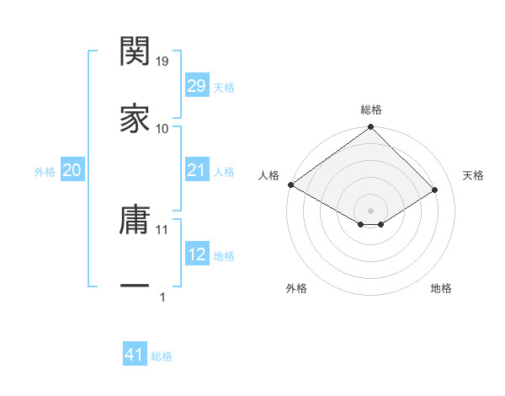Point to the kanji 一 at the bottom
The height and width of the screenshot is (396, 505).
pyautogui.click(x=135, y=286)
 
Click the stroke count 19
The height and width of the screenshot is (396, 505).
pyautogui.click(x=162, y=62)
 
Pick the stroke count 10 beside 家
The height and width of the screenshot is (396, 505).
pyautogui.click(x=162, y=129)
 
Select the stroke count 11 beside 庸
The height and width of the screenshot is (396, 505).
pyautogui.click(x=162, y=229)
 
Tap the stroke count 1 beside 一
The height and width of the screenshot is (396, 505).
pyautogui.click(x=162, y=297)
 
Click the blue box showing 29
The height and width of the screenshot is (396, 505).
pyautogui.click(x=196, y=86)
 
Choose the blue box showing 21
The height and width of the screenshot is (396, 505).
pyautogui.click(x=196, y=170)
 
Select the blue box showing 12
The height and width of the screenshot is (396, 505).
pyautogui.click(x=196, y=254)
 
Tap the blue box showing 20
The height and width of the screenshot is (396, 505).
pyautogui.click(x=72, y=170)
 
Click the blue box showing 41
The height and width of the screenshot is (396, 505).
pyautogui.click(x=135, y=355)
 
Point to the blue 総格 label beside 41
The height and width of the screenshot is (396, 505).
pyautogui.click(x=162, y=356)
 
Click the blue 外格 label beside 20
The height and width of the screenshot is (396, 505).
pyautogui.click(x=45, y=172)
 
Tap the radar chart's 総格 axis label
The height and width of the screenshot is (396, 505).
pyautogui.click(x=371, y=110)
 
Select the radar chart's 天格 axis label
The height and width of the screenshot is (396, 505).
pyautogui.click(x=474, y=175)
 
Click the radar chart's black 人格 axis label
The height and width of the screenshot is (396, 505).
pyautogui.click(x=269, y=175)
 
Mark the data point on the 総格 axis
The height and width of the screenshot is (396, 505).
pyautogui.click(x=371, y=127)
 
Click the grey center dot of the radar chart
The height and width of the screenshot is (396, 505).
pyautogui.click(x=371, y=210)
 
